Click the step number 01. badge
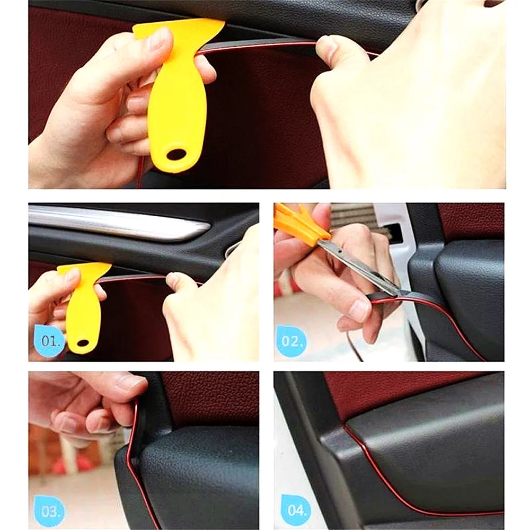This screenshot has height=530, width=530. point(50,340)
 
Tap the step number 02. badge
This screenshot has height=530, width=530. point(291,340)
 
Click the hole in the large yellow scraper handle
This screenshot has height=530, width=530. point(176,154)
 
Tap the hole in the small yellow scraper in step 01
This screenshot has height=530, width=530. point(83,343)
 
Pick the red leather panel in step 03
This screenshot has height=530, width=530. point(212,397)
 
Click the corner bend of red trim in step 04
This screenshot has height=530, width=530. point(347,427)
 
